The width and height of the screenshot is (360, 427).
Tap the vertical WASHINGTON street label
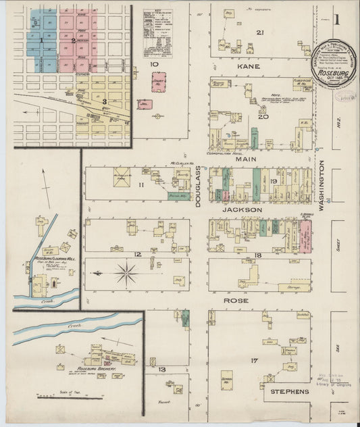click(x=322, y=186)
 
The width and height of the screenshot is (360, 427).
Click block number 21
click(x=259, y=32)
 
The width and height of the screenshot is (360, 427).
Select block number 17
click(x=254, y=361)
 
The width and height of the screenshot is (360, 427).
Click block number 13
click(x=162, y=370)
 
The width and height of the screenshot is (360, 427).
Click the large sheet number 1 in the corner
click(x=336, y=19)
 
